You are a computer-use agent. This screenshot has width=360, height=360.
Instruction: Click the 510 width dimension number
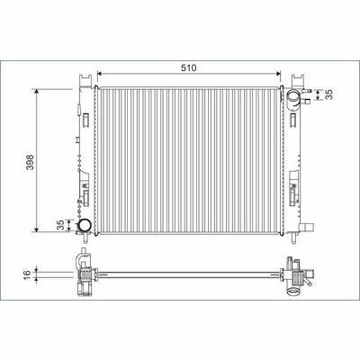pyautogui.click(x=188, y=67)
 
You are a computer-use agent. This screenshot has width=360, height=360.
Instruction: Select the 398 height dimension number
pyautogui.click(x=30, y=162)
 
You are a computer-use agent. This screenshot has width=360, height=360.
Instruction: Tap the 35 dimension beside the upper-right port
pyautogui.click(x=329, y=94)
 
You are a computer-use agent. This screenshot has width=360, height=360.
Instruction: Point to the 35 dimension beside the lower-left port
pyautogui.click(x=60, y=225)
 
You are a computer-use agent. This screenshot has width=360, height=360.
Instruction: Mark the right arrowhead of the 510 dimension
pyautogui.click(x=278, y=74)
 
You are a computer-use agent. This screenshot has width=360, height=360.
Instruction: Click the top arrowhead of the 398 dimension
pyautogui.click(x=37, y=92)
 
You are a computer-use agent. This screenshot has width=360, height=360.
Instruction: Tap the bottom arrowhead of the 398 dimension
pyautogui.click(x=37, y=229)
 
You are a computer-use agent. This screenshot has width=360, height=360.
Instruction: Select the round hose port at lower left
pyautogui.click(x=85, y=226)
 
